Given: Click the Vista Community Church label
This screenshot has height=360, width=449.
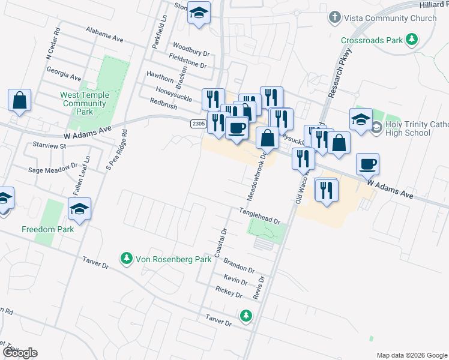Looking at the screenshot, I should click(x=390, y=18).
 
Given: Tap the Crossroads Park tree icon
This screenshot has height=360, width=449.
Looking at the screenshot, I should click(x=411, y=40).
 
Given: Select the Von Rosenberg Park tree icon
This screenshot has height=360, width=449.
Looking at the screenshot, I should click(x=126, y=259).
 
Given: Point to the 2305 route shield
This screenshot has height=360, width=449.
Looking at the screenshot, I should click(x=199, y=124).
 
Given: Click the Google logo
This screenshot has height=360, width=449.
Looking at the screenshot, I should click(x=20, y=353).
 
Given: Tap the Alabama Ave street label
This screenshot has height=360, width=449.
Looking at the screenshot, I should click(x=104, y=34).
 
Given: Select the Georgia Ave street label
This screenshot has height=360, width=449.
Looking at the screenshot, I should click(x=64, y=73).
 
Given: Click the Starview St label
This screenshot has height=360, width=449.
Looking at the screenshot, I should click(x=49, y=146).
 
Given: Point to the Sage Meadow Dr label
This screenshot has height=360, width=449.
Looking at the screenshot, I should click(x=53, y=170).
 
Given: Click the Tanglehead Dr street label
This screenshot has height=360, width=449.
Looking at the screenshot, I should click(x=260, y=216).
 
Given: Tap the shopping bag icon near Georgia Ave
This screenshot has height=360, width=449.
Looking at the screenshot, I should click(x=19, y=100).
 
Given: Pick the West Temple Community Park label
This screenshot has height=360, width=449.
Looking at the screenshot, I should click(x=85, y=103).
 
